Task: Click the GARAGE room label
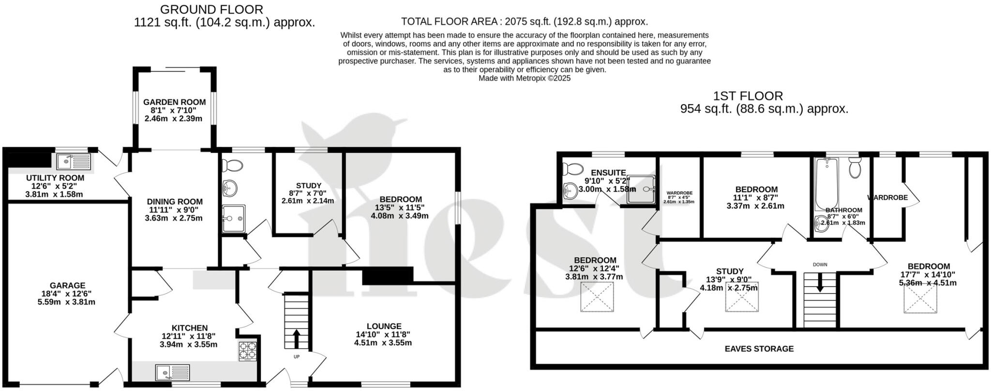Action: (67, 286)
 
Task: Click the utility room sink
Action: (73, 161)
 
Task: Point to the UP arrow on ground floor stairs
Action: (296, 339)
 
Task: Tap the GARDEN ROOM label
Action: (174, 102)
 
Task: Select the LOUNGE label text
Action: (383, 326)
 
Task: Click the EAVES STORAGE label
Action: (759, 348)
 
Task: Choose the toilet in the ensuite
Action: (573, 169)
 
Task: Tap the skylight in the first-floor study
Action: (741, 297)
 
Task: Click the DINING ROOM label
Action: (175, 202)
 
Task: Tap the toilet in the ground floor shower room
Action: (232, 165)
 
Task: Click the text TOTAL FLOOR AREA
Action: (449, 22)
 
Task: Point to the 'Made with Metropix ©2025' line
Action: (524, 78)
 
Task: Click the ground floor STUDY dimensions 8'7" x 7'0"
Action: (308, 193)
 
